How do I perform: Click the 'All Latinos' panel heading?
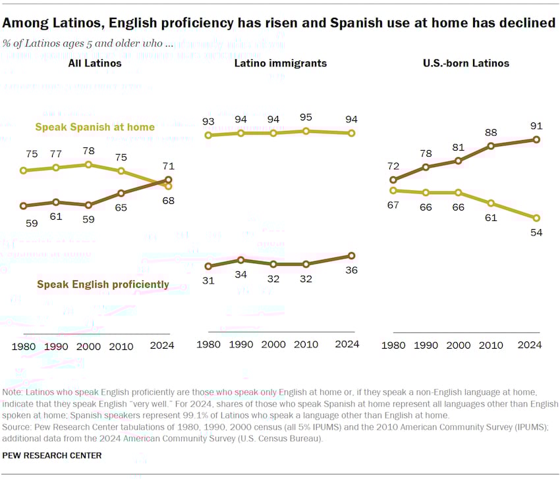[x=95, y=64]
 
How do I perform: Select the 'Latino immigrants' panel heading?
[x=280, y=64]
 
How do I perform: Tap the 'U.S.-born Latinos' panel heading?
[x=465, y=64]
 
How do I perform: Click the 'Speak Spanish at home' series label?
[x=95, y=127]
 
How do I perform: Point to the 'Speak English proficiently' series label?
[x=103, y=285]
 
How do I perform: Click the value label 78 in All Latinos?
[x=88, y=151]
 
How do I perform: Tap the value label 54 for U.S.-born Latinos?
[x=536, y=232]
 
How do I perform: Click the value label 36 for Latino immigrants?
[x=352, y=271]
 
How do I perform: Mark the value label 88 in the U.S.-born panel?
[x=491, y=132]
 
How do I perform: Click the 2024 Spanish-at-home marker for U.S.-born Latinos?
[x=536, y=218]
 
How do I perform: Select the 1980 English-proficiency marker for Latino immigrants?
[x=208, y=266]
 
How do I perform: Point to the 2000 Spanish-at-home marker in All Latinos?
[x=88, y=164]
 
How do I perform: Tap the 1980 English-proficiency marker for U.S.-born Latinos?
[x=393, y=180]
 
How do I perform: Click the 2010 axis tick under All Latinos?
[x=121, y=345]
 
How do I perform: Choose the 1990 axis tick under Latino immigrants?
[x=241, y=345]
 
